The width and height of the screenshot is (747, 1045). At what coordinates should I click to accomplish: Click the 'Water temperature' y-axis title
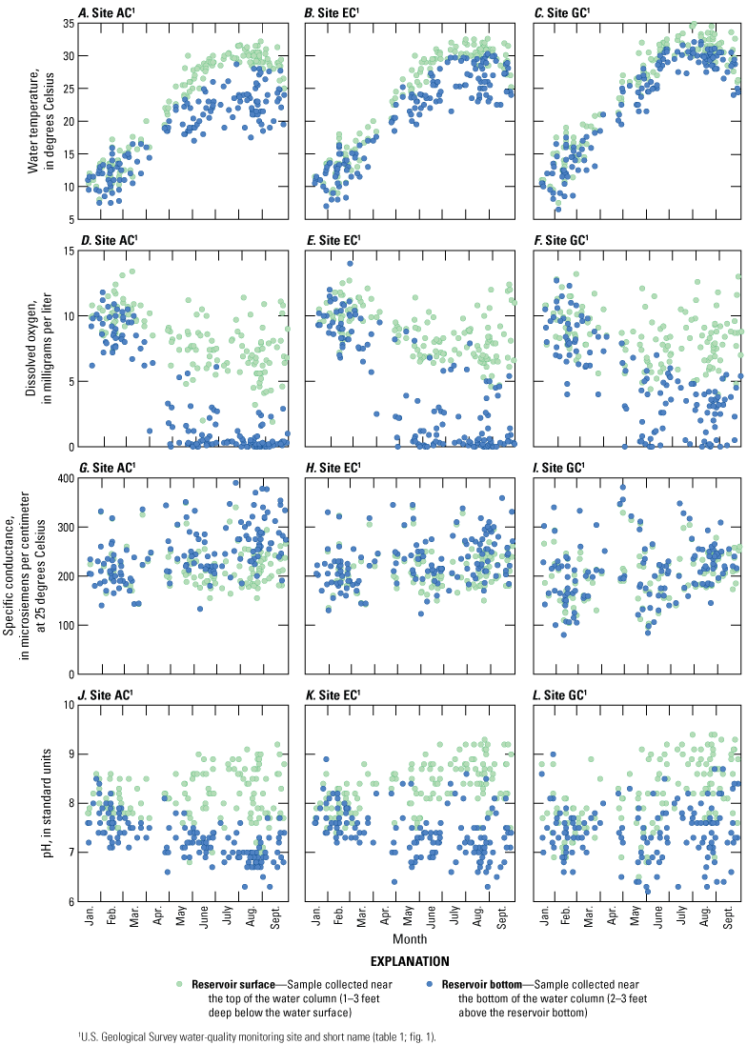point(40,120)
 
